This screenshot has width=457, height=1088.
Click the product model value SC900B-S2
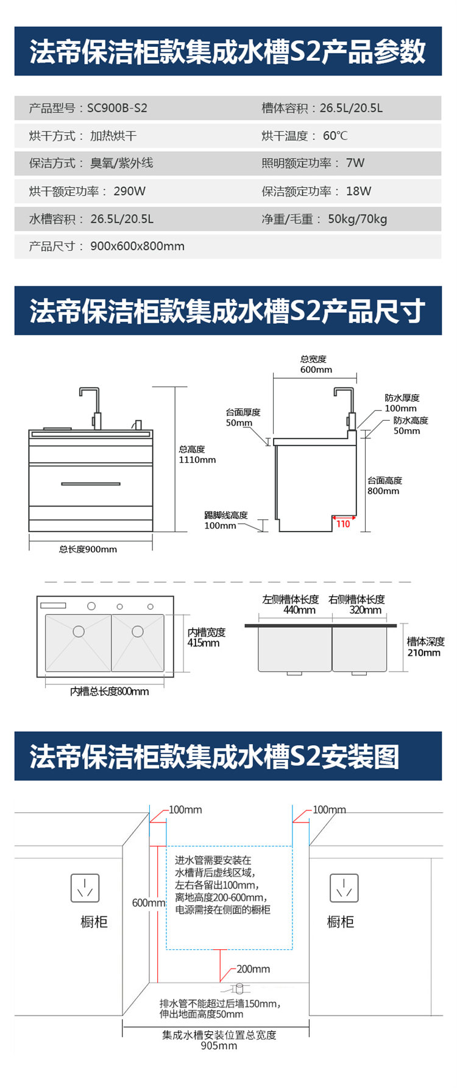click(117, 108)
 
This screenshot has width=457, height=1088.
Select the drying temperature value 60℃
click(335, 136)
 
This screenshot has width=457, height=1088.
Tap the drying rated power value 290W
click(129, 191)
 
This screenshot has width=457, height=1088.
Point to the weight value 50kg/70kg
click(357, 219)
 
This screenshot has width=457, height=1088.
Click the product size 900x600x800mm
click(137, 247)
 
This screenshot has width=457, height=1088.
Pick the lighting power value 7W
click(355, 163)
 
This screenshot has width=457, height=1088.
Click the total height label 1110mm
click(197, 460)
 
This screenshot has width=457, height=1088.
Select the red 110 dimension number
click(343, 524)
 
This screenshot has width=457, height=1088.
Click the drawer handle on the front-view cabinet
click(91, 484)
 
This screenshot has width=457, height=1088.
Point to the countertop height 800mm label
click(383, 491)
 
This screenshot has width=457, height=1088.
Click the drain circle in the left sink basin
click(79, 631)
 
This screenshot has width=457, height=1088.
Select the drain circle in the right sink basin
click(138, 631)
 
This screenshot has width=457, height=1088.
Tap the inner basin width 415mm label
click(204, 643)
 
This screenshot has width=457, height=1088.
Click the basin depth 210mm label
click(423, 653)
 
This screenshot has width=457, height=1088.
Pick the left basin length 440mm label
click(299, 610)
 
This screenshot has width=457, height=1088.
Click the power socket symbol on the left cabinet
click(85, 888)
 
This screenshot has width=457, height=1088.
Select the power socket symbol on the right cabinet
click(344, 888)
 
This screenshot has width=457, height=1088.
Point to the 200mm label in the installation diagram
click(253, 969)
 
